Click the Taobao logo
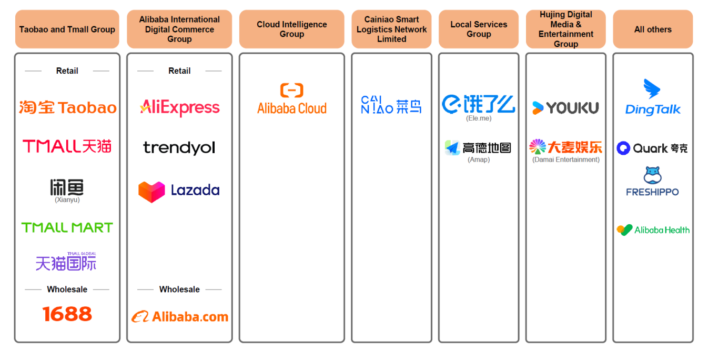click(x=67, y=107)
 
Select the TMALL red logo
click(x=67, y=146)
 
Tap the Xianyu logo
click(x=67, y=188)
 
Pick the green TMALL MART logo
click(x=67, y=227)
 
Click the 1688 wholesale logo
click(x=67, y=314)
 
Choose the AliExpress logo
click(x=179, y=108)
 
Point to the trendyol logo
click(x=179, y=148)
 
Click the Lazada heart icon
click(x=151, y=192)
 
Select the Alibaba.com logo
click(x=179, y=317)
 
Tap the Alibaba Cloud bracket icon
click(x=291, y=90)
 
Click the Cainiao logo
click(x=391, y=105)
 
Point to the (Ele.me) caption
click(x=479, y=118)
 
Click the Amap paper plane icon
click(x=452, y=148)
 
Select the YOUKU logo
click(x=565, y=108)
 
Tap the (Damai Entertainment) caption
click(x=565, y=159)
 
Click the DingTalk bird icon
click(x=652, y=88)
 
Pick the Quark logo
click(x=652, y=148)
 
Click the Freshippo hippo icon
click(x=652, y=175)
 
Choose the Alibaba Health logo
click(x=653, y=230)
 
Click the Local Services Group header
click(x=479, y=29)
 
